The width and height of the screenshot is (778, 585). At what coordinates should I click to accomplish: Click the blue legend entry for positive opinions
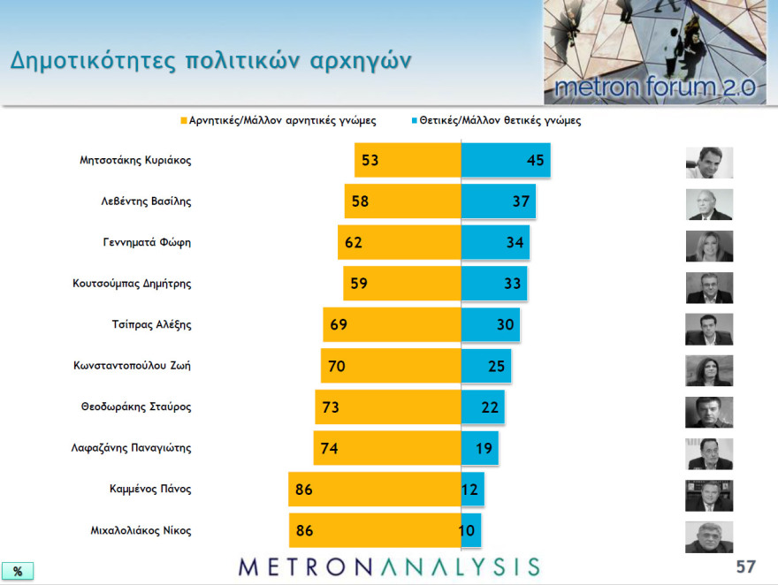495,121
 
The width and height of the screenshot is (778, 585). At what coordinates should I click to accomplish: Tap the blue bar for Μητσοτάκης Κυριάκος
505,161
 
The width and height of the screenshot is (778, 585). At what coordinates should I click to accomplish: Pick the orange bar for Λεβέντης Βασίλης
403,201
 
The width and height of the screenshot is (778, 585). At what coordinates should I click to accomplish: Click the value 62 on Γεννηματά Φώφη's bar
354,242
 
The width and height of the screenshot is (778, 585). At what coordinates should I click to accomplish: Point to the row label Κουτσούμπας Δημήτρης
132,284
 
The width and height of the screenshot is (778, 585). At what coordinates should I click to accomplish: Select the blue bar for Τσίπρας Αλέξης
490,324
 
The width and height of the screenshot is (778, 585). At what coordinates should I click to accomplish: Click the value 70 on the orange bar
338,366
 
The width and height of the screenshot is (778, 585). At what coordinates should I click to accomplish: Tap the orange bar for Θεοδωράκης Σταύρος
388,407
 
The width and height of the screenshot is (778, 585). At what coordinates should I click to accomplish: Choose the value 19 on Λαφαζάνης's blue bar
484,448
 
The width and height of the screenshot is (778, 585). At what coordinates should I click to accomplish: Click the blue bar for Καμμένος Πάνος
472,489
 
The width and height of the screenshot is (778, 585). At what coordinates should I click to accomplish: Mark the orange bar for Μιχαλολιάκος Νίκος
375,530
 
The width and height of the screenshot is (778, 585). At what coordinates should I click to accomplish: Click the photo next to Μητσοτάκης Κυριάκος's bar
709,163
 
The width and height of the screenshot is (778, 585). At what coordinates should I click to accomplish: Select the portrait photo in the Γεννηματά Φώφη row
709,246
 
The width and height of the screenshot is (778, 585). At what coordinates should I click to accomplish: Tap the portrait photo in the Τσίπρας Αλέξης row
709,329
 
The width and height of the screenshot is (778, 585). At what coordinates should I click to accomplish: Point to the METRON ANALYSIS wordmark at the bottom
389,566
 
